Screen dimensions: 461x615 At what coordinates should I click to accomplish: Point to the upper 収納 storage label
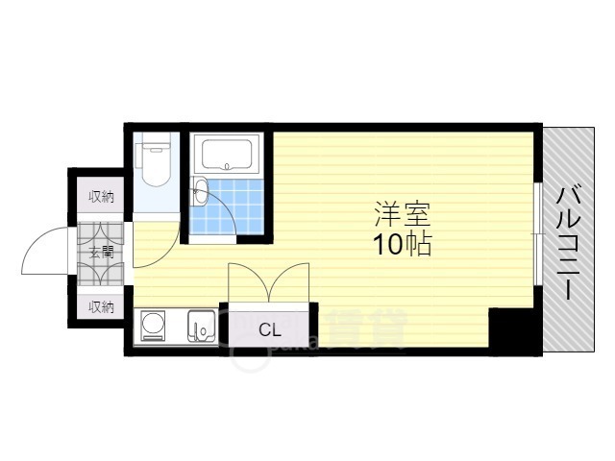(x=102, y=198)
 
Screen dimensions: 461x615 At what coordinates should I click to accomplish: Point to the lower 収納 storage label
(x=102, y=307)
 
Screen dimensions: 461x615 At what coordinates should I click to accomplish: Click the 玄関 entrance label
(x=102, y=254)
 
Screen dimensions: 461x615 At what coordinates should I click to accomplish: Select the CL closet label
(x=270, y=329)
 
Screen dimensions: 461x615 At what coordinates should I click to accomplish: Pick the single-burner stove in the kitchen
(x=154, y=327)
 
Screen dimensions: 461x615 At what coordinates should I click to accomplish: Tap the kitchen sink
(x=202, y=327)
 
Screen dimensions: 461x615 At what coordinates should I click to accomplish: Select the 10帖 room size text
(x=403, y=244)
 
